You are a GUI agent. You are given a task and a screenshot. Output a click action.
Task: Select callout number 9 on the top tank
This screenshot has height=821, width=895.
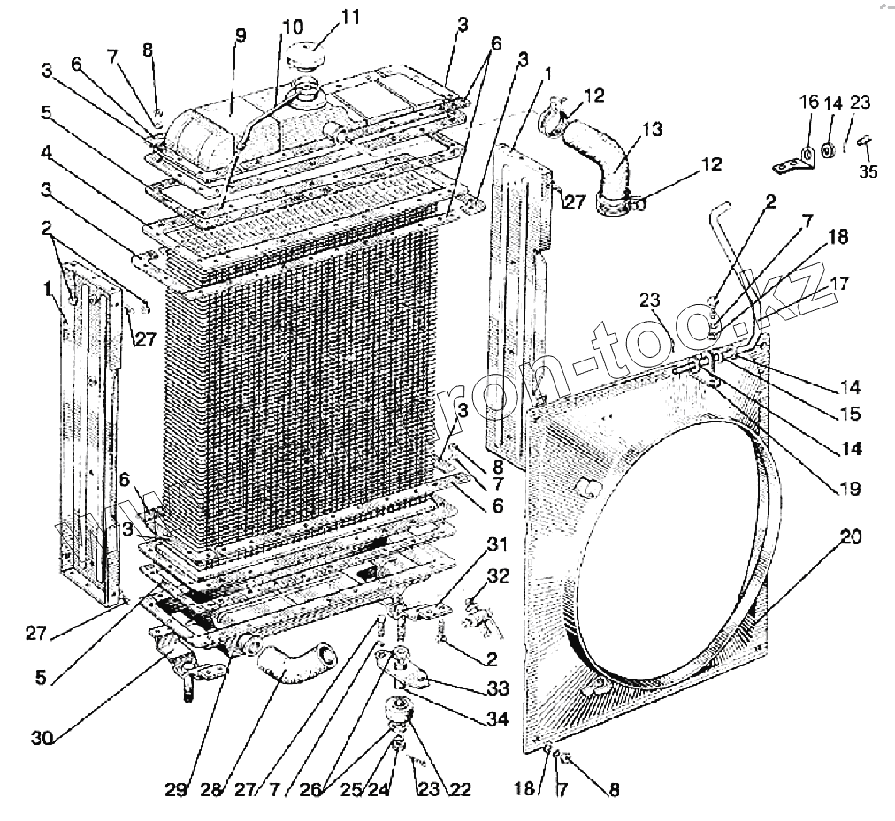pos(240,36)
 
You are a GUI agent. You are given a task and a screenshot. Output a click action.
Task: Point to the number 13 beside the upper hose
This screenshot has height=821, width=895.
pos(652,129)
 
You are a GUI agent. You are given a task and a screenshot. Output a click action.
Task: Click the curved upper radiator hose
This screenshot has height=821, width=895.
pos(610,168)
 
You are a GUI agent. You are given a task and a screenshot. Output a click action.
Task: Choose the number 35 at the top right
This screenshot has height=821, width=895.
pos(869,171)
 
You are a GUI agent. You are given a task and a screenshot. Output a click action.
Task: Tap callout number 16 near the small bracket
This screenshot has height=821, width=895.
pos(810,103)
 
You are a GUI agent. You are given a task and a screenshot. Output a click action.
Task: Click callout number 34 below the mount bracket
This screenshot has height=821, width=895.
pos(498,719)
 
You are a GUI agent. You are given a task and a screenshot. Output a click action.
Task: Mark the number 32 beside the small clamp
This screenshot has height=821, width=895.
pos(499,577)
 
